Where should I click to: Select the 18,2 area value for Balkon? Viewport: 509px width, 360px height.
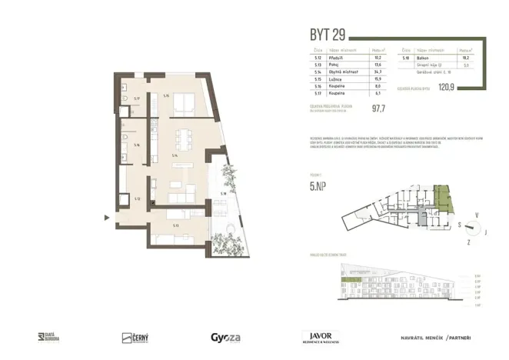coord(464,56)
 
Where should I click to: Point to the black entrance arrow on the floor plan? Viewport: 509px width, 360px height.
coord(108,218)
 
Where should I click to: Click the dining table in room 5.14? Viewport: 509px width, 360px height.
coord(182,140)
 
